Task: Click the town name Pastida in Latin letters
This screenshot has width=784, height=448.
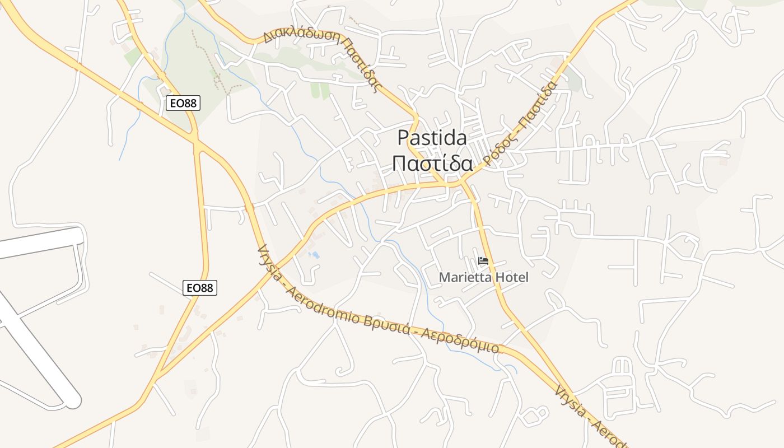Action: [x=432, y=138]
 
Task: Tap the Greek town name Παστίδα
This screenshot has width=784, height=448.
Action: [x=432, y=164]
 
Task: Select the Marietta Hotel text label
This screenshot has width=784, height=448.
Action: [x=483, y=277]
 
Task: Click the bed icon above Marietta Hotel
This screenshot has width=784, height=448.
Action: [x=483, y=261]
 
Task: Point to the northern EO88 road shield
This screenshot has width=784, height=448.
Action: [x=183, y=103]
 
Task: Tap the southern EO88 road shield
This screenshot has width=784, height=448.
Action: [x=200, y=288]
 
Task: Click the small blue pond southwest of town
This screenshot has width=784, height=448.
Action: [x=314, y=255]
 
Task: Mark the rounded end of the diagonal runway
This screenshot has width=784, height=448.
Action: [x=73, y=400]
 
